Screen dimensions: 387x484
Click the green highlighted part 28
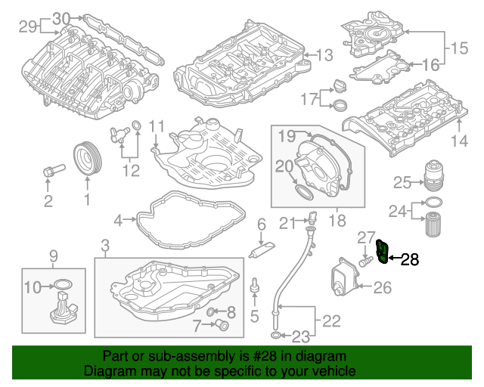pos(383,252)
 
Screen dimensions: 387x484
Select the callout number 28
pos(409,260)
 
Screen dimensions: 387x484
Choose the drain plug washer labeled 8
pos(212,311)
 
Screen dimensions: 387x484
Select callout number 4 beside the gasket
pos(119,221)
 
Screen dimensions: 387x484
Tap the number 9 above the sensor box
pos(53,255)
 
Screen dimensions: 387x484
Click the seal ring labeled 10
pos(63,286)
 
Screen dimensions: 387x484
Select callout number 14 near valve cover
pos(459,141)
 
